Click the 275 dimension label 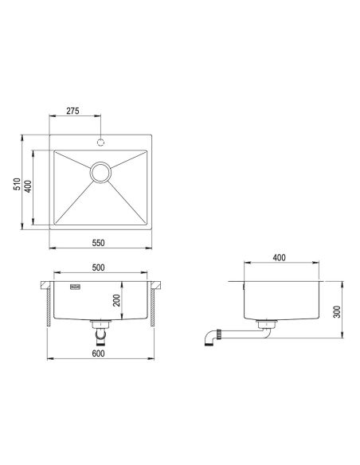(72, 111)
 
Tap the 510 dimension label (17, 184)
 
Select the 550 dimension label (98, 243)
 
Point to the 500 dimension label (98, 268)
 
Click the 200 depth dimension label (117, 300)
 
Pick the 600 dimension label (98, 354)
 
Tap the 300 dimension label (337, 311)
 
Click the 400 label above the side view (279, 258)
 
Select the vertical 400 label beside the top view (28, 186)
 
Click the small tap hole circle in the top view (101, 143)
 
